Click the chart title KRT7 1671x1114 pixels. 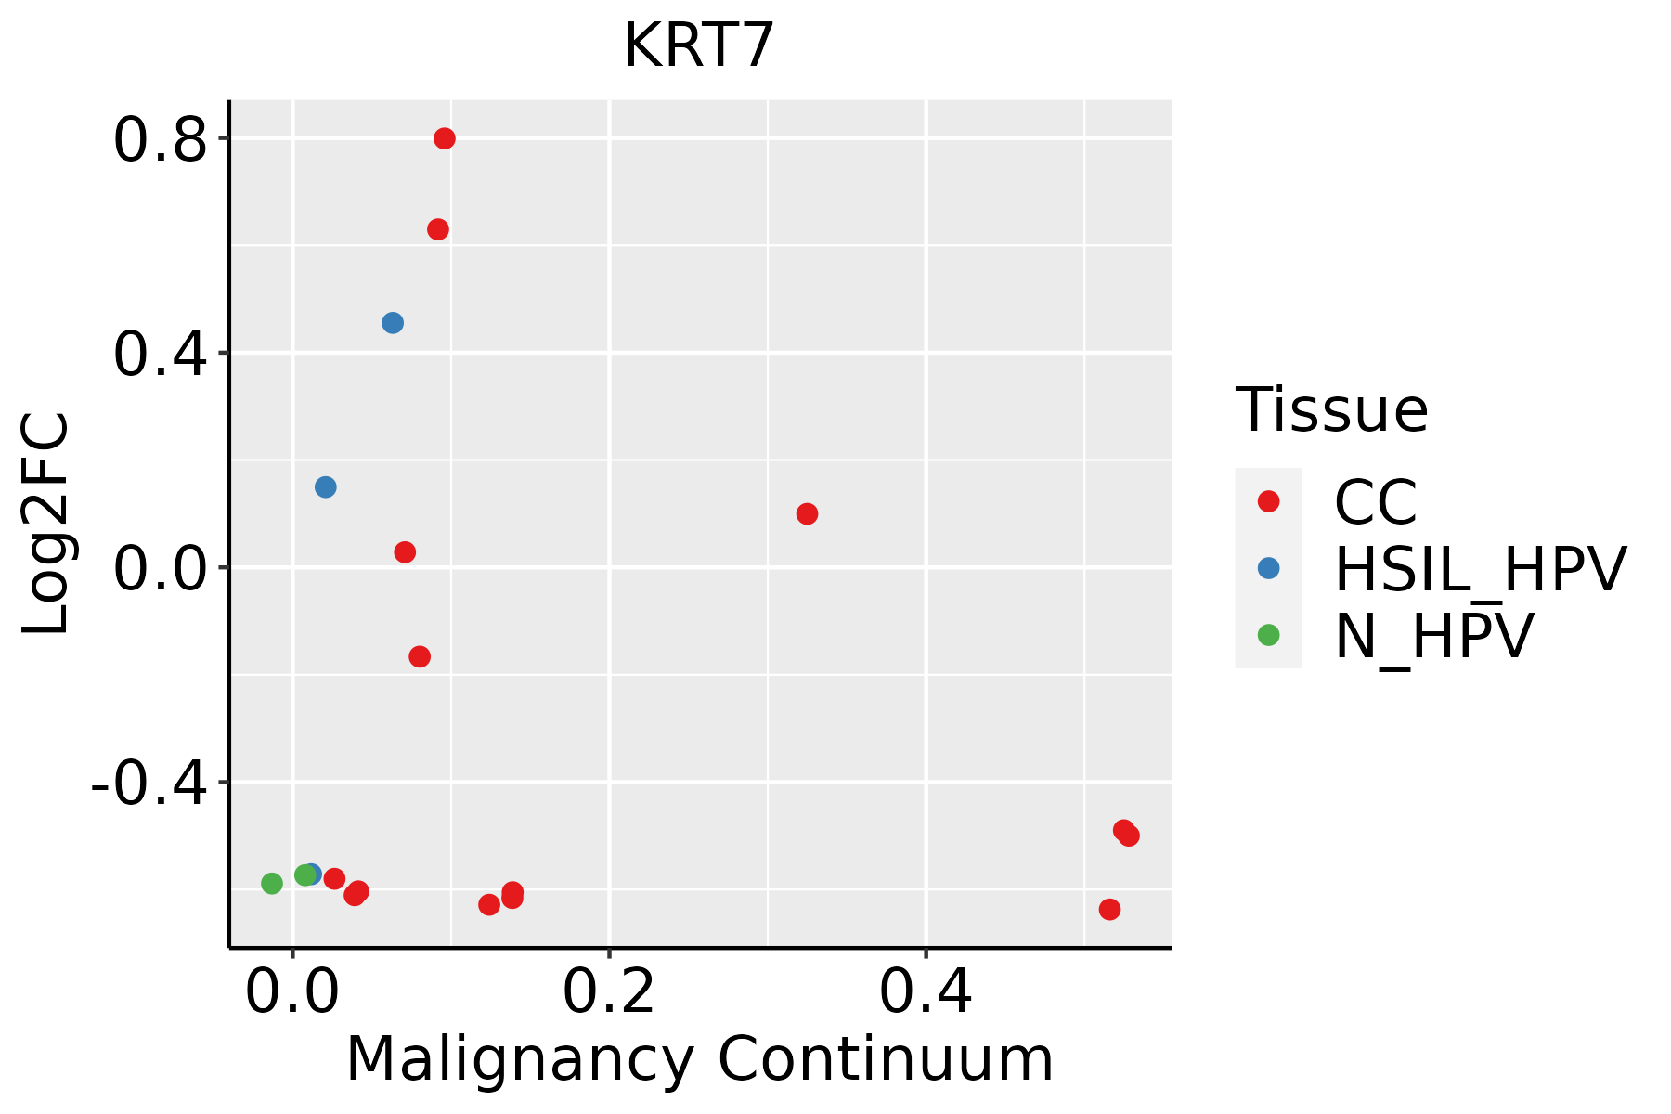tap(698, 46)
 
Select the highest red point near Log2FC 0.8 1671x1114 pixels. tap(445, 138)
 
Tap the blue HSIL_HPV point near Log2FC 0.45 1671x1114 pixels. tap(393, 323)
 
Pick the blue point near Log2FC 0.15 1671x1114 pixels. tap(326, 487)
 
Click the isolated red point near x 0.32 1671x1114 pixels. tap(808, 514)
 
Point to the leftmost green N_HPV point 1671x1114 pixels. tap(272, 884)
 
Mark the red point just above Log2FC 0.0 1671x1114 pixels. tap(405, 552)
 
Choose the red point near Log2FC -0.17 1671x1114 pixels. tap(420, 657)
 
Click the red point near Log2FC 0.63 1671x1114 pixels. tap(438, 229)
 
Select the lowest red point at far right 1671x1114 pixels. tap(1109, 910)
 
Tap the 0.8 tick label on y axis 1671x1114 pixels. tap(160, 141)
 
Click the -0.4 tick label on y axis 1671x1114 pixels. tap(149, 786)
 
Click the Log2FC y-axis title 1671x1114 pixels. tap(46, 525)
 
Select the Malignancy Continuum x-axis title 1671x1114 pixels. tap(700, 1060)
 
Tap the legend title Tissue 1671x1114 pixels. tap(1331, 409)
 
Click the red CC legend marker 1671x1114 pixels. tap(1268, 501)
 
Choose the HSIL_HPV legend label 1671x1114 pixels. tap(1480, 569)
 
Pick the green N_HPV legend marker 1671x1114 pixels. tap(1268, 635)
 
